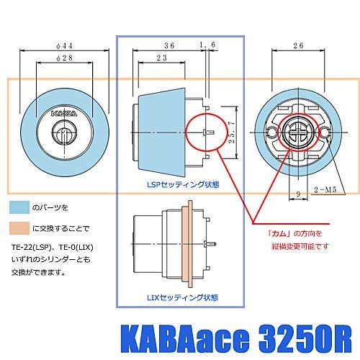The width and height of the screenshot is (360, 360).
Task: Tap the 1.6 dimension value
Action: tap(208, 45)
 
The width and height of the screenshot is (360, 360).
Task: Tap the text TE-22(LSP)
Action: tap(32, 247)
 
